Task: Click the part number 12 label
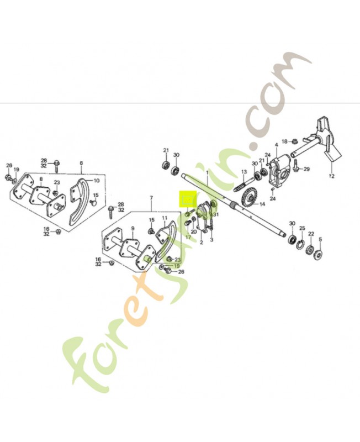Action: [331, 177]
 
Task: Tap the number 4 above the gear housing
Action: [276, 145]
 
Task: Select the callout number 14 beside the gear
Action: [262, 204]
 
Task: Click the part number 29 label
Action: [307, 169]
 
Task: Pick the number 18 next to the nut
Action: [284, 141]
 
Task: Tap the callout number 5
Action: [320, 239]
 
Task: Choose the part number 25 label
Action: [301, 228]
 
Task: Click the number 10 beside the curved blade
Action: [96, 180]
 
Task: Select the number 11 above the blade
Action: [165, 211]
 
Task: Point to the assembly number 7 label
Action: [151, 197]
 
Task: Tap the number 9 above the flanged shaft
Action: [132, 229]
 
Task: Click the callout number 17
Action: [188, 238]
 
